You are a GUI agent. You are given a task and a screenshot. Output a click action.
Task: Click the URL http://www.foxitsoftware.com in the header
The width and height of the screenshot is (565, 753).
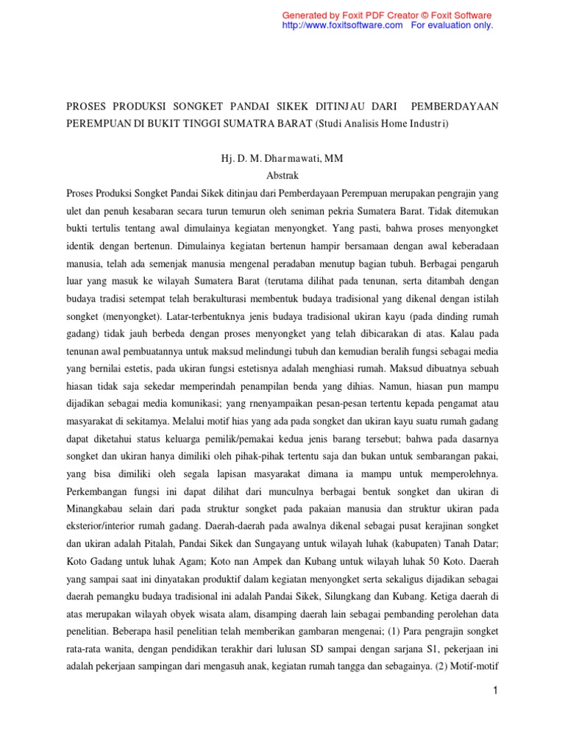pos(343,25)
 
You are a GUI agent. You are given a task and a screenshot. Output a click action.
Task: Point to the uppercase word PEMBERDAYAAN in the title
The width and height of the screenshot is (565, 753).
pos(455,107)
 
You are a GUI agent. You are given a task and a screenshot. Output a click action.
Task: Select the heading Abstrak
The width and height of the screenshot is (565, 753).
pos(282,176)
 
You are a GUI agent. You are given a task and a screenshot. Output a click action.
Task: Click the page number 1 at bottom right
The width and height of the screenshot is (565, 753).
pos(496,690)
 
